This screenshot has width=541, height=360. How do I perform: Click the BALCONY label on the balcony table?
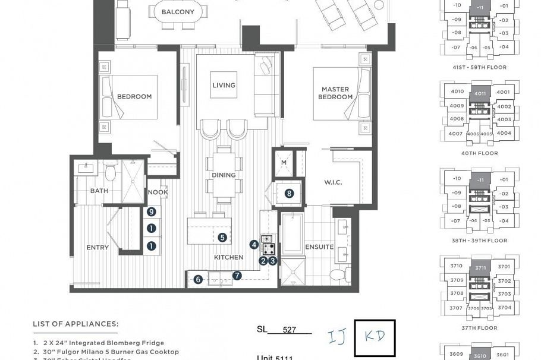coord(178,12)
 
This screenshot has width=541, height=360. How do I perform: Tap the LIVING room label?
coord(224,86)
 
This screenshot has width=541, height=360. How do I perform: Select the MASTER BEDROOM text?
coord(335,93)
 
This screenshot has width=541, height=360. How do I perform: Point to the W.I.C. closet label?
coord(333,182)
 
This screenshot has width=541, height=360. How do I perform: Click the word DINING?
coord(224,175)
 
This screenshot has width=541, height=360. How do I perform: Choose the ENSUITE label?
coord(319,247)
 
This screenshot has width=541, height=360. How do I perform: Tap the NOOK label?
coord(158,192)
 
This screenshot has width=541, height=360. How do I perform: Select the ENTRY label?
coord(97,248)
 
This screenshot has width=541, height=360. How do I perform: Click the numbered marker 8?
coord(289,193)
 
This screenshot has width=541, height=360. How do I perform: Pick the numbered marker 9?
coord(152,212)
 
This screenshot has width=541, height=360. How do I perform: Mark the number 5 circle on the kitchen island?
coord(222,238)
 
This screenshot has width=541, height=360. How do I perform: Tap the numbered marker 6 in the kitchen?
coord(198,279)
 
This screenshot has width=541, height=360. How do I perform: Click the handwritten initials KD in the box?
coord(374,336)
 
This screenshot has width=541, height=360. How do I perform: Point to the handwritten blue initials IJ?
coord(337,337)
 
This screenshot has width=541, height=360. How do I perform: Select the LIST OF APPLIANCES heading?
coord(76,324)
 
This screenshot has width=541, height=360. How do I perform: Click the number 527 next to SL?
coord(290,330)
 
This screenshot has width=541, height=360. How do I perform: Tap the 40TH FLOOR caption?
coord(479,153)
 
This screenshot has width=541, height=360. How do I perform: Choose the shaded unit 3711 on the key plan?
coord(480,268)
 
